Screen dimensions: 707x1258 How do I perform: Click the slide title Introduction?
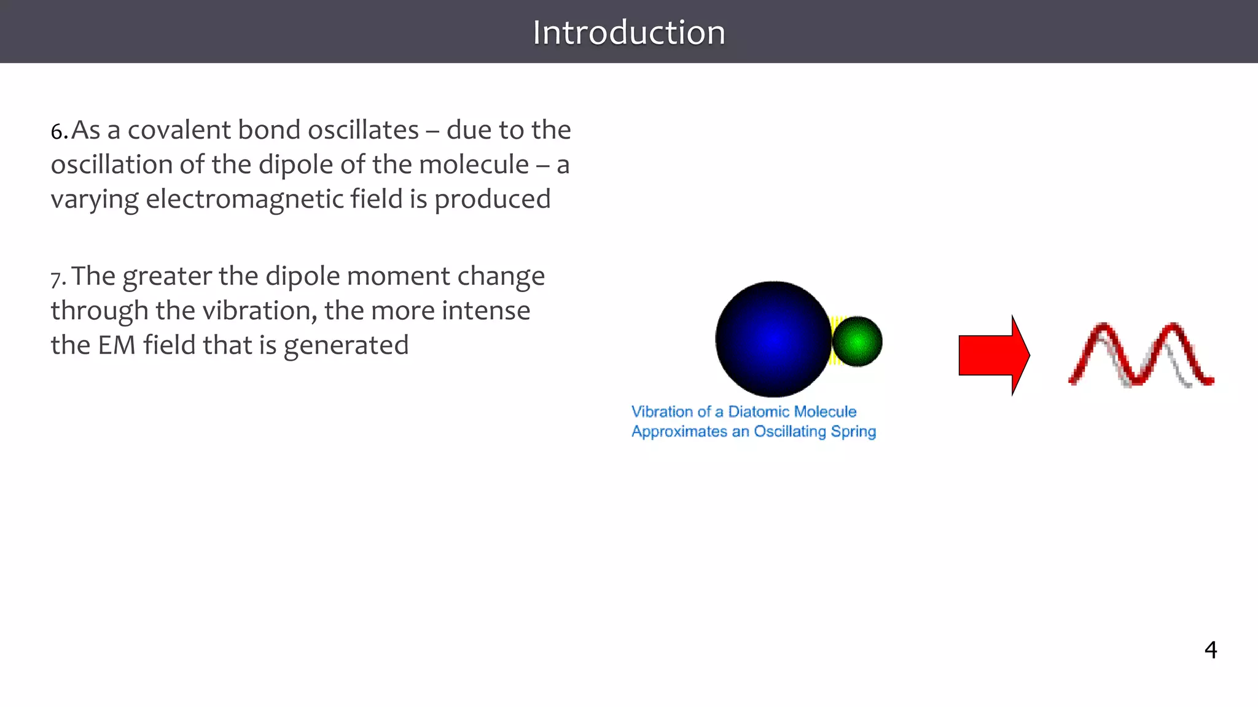[x=628, y=33]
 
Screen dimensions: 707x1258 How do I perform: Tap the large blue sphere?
[x=773, y=339]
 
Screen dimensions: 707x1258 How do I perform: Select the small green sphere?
[x=858, y=341]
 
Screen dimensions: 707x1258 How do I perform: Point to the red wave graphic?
[x=1141, y=356]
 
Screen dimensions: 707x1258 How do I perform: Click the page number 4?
[x=1210, y=649]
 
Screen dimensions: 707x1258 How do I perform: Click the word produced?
[x=492, y=199]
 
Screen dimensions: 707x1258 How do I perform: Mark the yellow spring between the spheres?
[x=835, y=341]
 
